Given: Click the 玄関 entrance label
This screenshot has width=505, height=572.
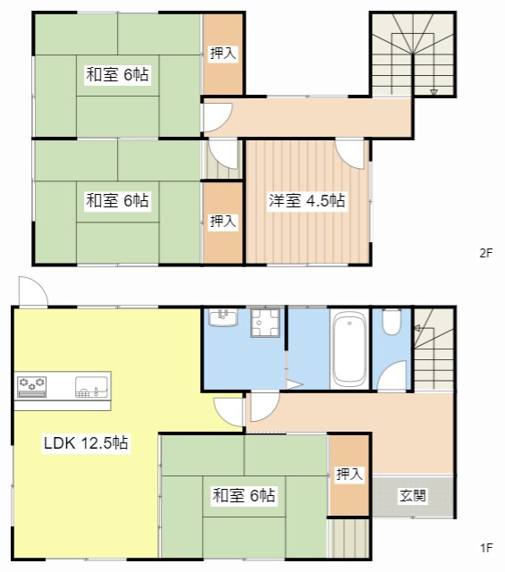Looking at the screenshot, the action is (x=413, y=495).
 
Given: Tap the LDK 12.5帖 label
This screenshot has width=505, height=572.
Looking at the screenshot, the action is (x=86, y=443).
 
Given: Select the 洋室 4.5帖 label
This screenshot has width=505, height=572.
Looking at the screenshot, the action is (x=307, y=200).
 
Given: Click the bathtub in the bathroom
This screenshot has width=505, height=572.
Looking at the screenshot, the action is (x=349, y=349).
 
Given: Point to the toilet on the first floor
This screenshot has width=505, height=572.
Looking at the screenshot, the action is (x=391, y=322).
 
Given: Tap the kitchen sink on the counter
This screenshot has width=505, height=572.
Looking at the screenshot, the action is (x=91, y=387).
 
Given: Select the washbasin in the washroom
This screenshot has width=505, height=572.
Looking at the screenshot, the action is (x=223, y=317).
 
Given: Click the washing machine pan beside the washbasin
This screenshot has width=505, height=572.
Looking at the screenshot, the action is (x=265, y=323).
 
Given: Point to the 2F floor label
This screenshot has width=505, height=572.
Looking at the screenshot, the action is (x=486, y=253).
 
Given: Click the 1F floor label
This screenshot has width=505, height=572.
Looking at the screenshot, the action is (x=486, y=548).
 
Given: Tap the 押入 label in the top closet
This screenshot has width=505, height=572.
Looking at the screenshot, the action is (x=223, y=54).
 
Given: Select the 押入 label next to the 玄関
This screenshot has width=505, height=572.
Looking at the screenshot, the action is (x=349, y=474).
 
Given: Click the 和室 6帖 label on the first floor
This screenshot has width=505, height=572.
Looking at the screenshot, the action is (x=244, y=495).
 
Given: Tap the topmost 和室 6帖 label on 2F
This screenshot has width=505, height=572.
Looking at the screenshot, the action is (x=117, y=74).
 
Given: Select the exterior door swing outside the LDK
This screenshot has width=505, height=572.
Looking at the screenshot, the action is (x=33, y=292).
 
